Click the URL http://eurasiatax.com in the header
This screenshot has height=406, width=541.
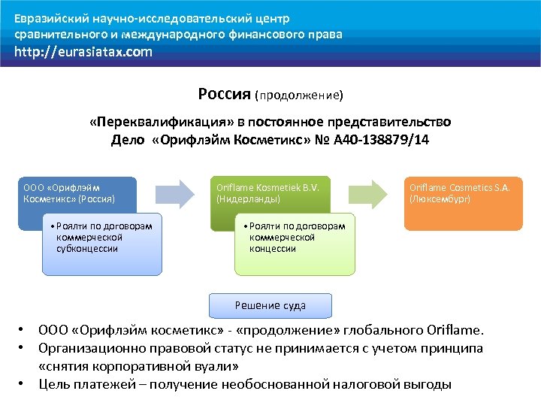(83, 52)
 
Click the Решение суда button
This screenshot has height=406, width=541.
(270, 305)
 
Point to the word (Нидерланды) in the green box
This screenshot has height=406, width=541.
(248, 200)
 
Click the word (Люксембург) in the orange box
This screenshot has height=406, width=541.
(440, 200)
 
